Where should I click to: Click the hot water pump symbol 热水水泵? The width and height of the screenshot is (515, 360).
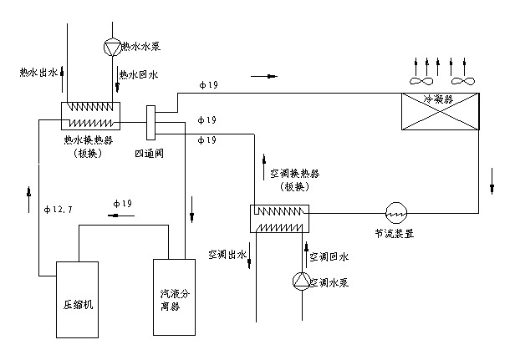point(111,44)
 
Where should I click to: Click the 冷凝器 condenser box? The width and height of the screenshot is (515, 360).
point(441,111)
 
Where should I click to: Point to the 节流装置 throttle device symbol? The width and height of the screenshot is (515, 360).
point(395,212)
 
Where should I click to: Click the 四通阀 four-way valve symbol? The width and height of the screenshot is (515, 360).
point(151,124)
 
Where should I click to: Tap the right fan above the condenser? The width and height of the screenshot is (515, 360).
point(461,82)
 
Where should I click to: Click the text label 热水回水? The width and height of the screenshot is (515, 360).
point(138,74)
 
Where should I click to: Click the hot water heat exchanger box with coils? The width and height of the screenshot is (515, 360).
point(89,115)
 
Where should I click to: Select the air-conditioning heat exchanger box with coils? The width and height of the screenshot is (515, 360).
point(279,219)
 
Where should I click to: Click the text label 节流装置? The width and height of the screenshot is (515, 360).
point(395,234)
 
